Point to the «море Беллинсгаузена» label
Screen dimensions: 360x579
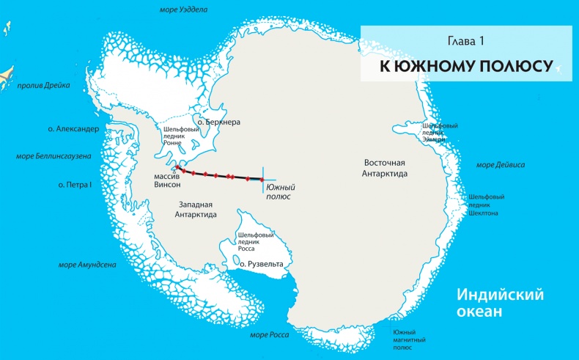click(x=52, y=155)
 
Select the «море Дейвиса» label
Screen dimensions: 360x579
click(x=501, y=165)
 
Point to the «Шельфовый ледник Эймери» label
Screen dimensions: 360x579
click(x=440, y=132)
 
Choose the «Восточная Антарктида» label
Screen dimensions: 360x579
click(x=385, y=168)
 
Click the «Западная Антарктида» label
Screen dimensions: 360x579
click(x=196, y=209)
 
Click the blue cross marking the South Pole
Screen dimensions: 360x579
click(x=263, y=180)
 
